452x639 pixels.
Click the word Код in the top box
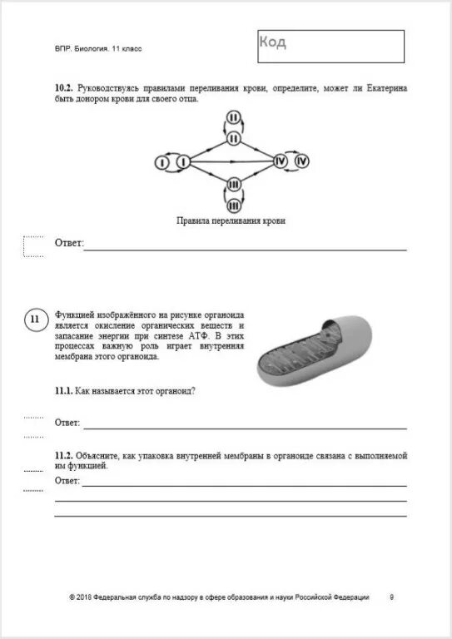pyautogui.click(x=272, y=42)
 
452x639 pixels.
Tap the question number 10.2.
pyautogui.click(x=63, y=87)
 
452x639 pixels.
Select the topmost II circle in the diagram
pyautogui.click(x=234, y=119)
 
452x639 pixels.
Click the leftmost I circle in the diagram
pyautogui.click(x=162, y=162)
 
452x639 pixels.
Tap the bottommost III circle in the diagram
pyautogui.click(x=234, y=204)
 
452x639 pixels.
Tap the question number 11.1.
pyautogui.click(x=64, y=391)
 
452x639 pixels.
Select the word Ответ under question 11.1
pyautogui.click(x=68, y=423)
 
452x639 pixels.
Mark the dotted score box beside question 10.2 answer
pyautogui.click(x=33, y=247)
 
